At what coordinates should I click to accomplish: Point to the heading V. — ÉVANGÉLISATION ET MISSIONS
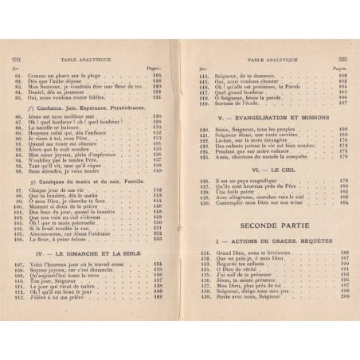click(262, 117)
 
